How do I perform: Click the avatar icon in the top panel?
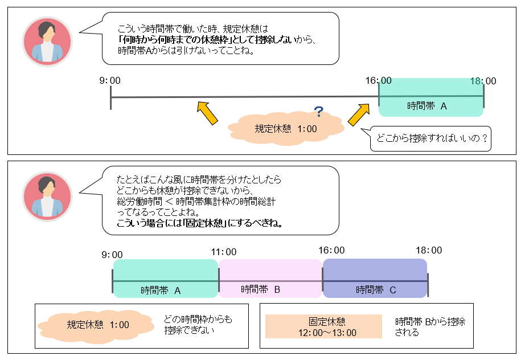coord(47,41)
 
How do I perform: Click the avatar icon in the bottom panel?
coord(47,195)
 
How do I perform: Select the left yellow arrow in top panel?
coord(207,112)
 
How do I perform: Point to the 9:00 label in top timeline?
coord(111,81)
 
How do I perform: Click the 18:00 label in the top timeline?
coord(483,81)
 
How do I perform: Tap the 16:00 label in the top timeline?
coord(379,81)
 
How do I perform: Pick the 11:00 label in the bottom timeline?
coord(223,251)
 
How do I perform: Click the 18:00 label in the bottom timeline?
coord(428,251)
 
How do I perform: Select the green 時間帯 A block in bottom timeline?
coord(165,278)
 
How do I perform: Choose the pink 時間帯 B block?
coord(270,278)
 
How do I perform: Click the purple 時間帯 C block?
coord(375,278)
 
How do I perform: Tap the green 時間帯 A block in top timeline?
coord(430,98)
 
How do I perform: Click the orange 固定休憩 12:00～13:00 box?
coord(323,327)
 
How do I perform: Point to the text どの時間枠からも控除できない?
coord(198,325)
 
